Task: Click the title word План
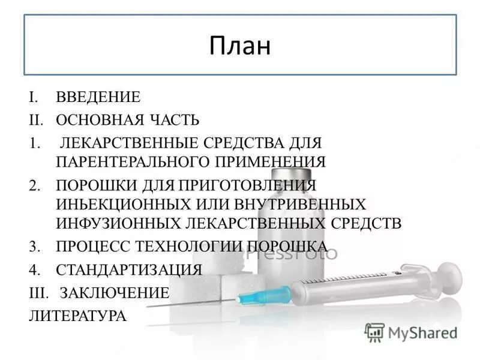[x=240, y=46]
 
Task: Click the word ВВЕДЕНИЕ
[x=98, y=97]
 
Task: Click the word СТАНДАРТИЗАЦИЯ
[x=128, y=269]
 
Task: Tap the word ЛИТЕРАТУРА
[x=77, y=316]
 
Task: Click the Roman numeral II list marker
[x=35, y=120]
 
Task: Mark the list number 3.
[x=33, y=246]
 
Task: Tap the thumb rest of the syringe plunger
[x=451, y=277]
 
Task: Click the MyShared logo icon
[x=374, y=331]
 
